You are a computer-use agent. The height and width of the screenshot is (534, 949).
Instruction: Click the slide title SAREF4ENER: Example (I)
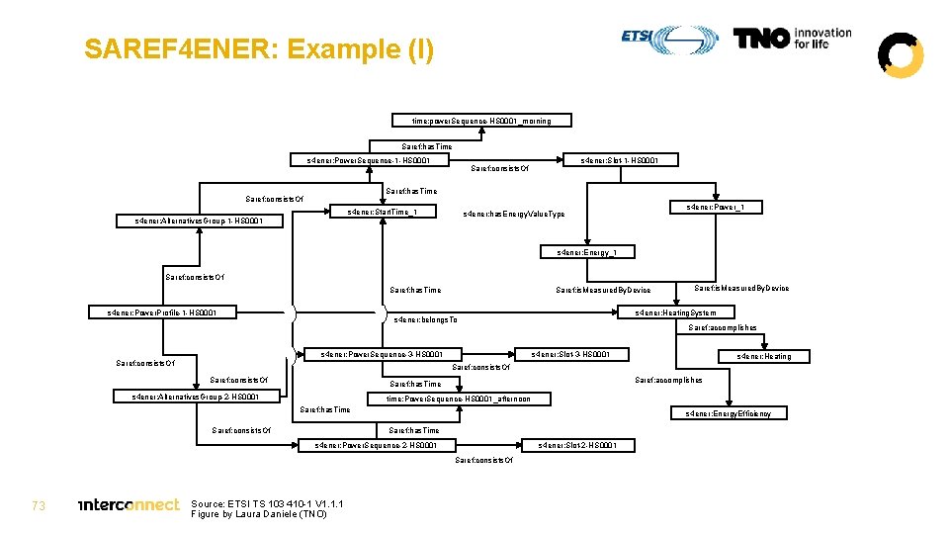(258, 49)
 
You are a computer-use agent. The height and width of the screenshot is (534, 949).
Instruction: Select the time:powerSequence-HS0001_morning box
(480, 121)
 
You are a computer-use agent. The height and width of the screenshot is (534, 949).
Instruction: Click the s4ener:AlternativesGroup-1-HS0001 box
(199, 220)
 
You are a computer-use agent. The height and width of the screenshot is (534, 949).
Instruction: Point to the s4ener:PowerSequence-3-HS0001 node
(381, 354)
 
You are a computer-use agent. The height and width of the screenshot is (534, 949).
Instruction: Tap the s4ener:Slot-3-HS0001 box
(570, 354)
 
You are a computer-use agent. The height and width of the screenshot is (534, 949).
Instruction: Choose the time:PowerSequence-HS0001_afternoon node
(458, 399)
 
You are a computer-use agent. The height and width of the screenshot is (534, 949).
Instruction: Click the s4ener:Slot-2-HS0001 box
(577, 445)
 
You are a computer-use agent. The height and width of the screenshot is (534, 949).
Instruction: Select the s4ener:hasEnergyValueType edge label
(514, 215)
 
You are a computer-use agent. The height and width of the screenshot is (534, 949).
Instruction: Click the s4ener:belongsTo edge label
(425, 320)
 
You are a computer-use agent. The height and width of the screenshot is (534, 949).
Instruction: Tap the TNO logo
(792, 39)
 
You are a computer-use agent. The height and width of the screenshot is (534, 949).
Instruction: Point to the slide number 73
(40, 505)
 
